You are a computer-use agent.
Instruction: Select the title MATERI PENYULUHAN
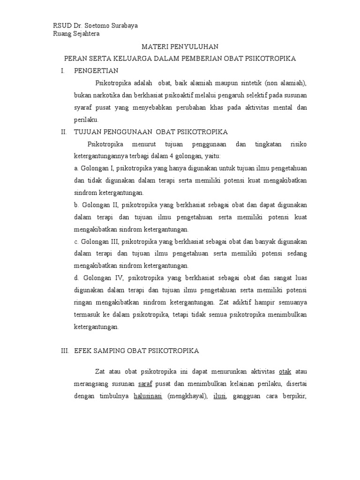pyautogui.click(x=180, y=47)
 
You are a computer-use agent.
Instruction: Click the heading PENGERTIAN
pyautogui.click(x=96, y=71)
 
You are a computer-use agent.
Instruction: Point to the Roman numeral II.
pyautogui.click(x=64, y=132)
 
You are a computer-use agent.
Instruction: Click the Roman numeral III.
pyautogui.click(x=65, y=350)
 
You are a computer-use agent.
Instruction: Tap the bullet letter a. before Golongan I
pyautogui.click(x=76, y=168)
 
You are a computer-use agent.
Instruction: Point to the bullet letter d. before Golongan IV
pyautogui.click(x=76, y=277)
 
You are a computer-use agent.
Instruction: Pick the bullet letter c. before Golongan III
pyautogui.click(x=76, y=241)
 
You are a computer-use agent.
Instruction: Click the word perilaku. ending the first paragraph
pyautogui.click(x=86, y=120)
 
